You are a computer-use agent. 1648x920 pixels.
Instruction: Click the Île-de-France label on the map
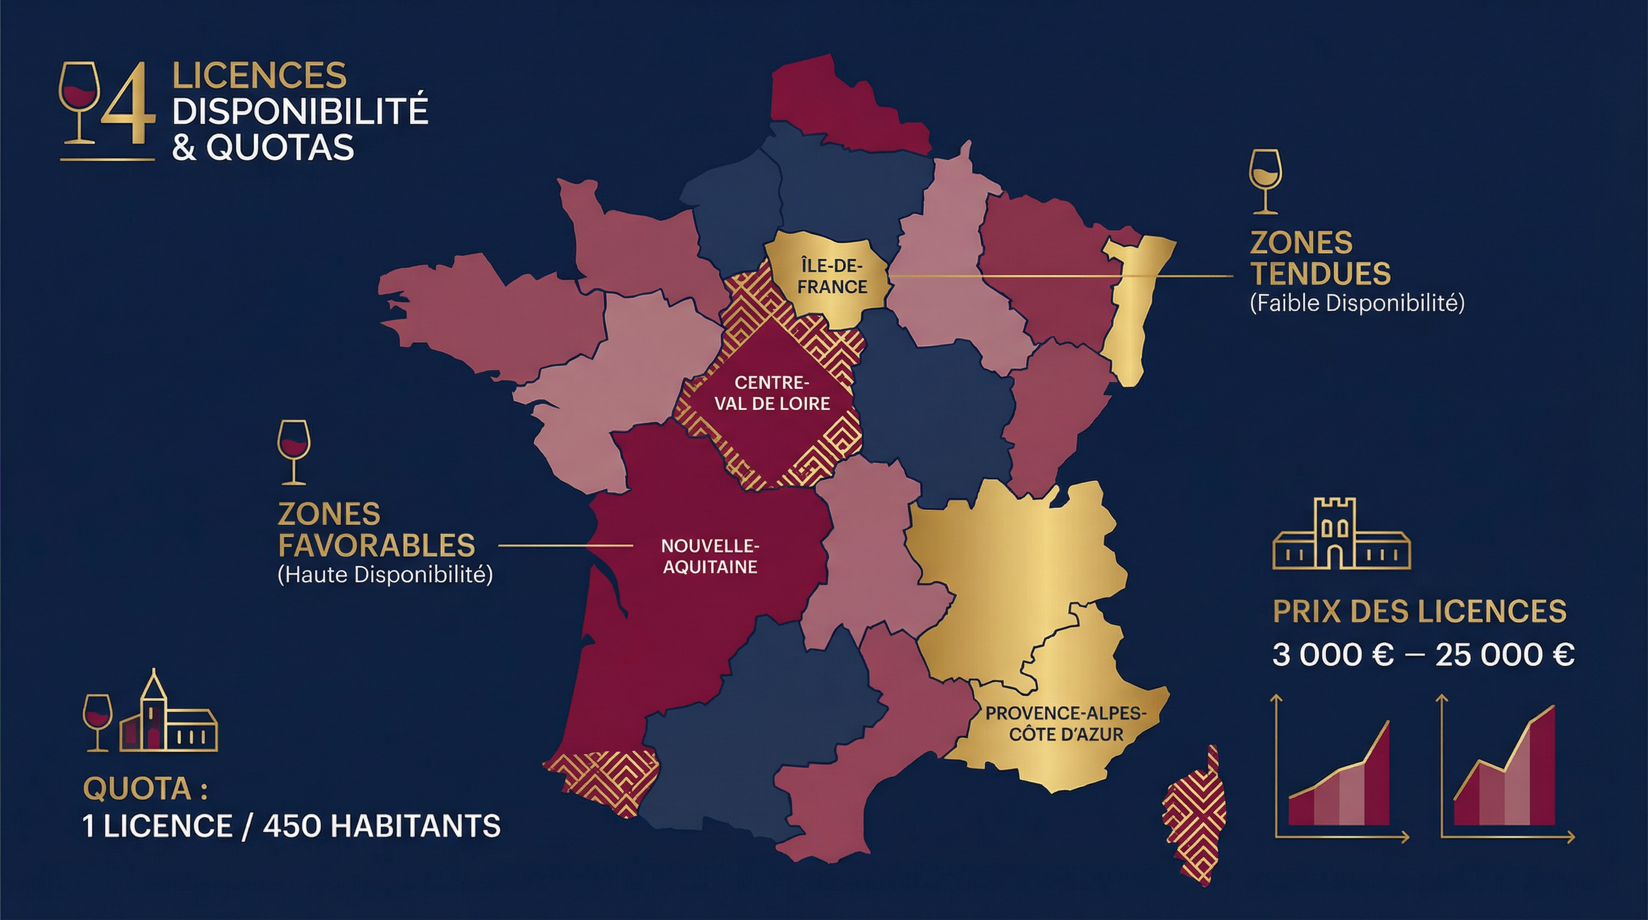point(832,276)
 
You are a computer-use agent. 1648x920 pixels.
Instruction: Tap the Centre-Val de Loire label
point(772,393)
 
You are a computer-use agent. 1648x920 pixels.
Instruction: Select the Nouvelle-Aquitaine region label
point(710,556)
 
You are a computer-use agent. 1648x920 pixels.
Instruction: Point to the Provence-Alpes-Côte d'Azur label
point(1066,724)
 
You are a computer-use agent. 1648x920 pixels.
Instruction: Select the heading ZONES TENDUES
point(1320,259)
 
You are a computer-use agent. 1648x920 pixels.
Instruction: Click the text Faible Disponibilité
point(1357,302)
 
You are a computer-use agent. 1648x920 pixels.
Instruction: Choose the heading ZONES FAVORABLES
point(376,529)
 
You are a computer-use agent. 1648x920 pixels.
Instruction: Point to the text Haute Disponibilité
point(385,574)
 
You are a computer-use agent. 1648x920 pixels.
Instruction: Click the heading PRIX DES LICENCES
point(1420,611)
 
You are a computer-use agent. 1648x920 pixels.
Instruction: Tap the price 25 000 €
point(1504,655)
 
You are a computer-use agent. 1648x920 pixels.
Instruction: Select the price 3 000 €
point(1332,655)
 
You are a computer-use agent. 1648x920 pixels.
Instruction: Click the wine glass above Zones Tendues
point(1265,181)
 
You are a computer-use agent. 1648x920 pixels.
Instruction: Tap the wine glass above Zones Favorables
point(293,452)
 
